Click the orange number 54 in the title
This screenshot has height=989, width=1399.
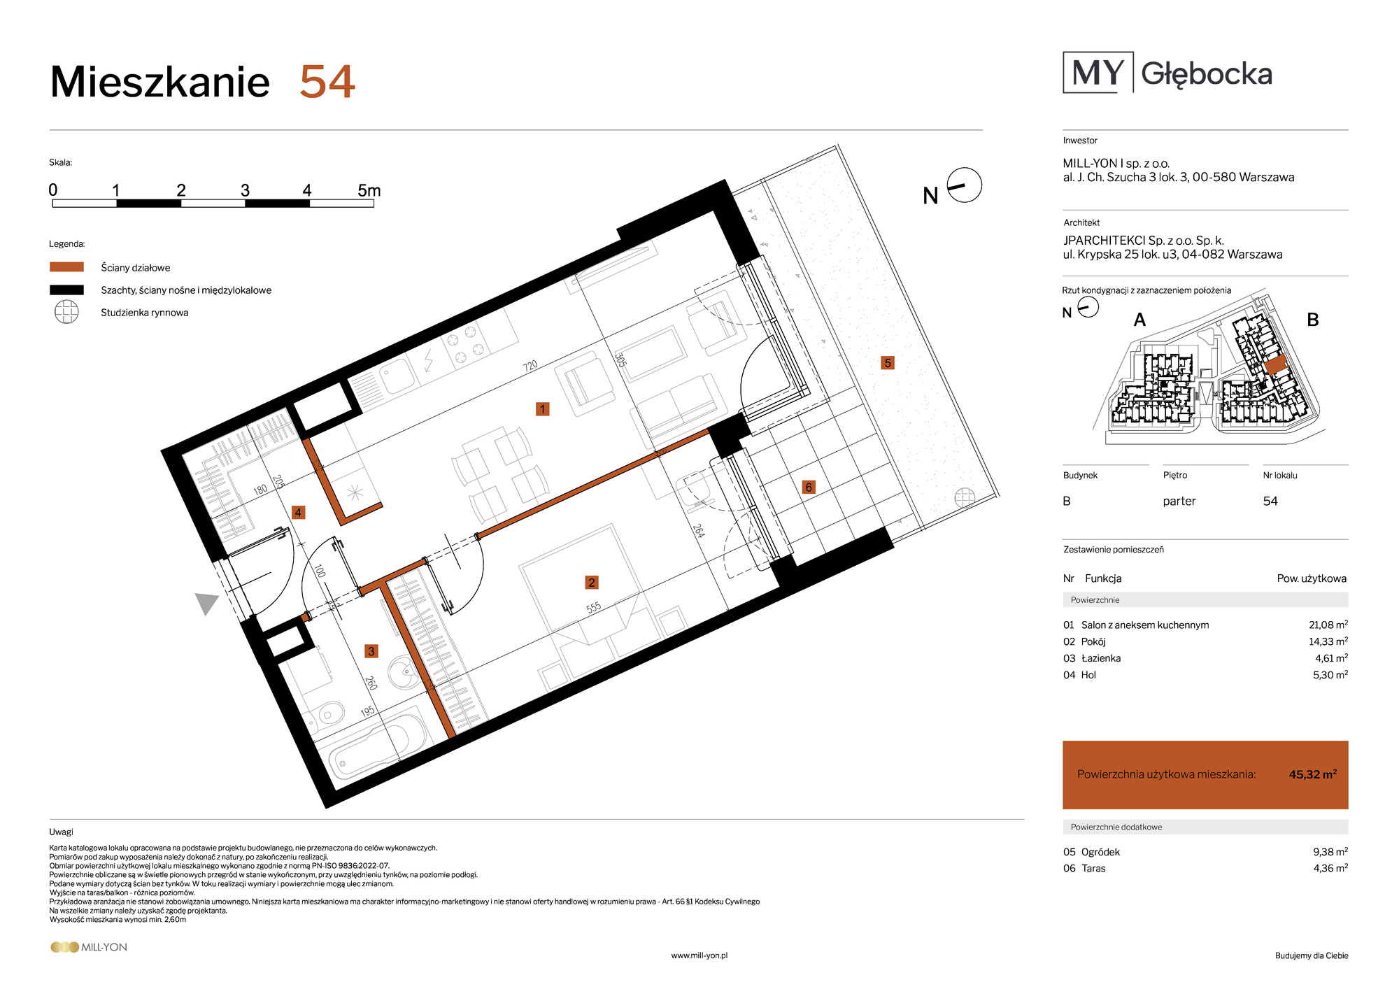point(327,82)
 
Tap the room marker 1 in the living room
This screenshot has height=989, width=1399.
point(542,409)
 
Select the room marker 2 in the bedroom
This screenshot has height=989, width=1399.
point(592,583)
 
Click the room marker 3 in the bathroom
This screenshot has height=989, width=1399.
point(371,651)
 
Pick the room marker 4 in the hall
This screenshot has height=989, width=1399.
point(298,513)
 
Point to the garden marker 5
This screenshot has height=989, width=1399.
point(888,363)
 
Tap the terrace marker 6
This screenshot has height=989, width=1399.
point(809,488)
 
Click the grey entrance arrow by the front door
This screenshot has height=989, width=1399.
point(206,602)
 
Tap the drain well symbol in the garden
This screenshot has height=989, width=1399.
point(965,497)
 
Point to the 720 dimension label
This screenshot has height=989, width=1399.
point(530,366)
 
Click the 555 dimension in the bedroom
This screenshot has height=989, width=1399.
point(593,608)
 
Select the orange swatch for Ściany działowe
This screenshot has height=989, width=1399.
point(66,267)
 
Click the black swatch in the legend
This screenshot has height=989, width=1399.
point(66,290)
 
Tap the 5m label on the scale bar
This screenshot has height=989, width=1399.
point(369,190)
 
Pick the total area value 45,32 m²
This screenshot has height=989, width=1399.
point(1313,774)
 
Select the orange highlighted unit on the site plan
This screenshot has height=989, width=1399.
point(1275,364)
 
